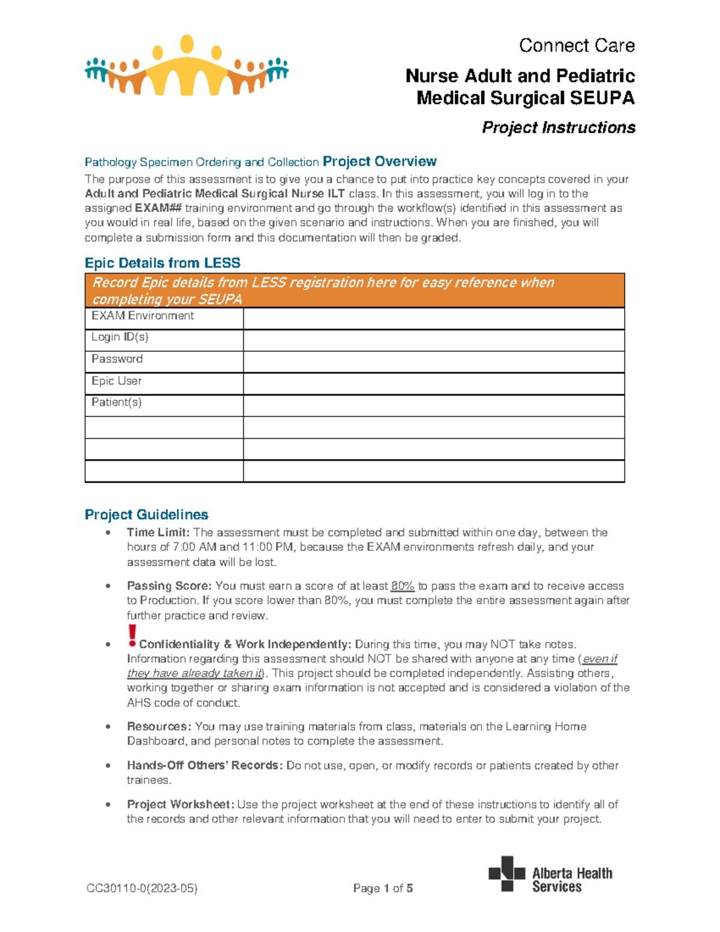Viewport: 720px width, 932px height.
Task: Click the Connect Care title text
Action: click(577, 46)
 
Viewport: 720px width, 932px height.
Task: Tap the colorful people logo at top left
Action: click(187, 67)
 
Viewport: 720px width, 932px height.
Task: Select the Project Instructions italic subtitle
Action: click(559, 128)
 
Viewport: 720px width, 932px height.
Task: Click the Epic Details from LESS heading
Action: click(163, 263)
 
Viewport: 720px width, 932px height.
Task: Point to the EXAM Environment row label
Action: click(143, 316)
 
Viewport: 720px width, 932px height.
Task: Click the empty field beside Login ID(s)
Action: click(433, 340)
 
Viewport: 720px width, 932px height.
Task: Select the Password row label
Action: click(117, 359)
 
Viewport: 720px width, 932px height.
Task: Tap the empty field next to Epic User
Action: click(433, 383)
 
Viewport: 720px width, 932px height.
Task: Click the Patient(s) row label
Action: click(116, 403)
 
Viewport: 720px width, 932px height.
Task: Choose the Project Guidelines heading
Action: click(146, 514)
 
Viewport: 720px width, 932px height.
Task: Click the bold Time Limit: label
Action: click(158, 532)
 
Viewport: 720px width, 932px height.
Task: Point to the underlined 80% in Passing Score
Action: click(403, 586)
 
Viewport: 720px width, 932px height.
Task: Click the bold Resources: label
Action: click(159, 726)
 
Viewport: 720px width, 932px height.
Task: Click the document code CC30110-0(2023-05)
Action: click(142, 888)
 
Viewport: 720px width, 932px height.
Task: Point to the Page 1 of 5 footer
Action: click(383, 888)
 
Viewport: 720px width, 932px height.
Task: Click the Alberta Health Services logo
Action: click(550, 875)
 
